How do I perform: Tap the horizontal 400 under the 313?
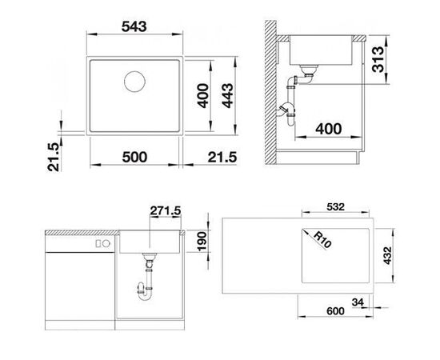(328, 129)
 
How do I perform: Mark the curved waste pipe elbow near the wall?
(286, 111)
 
